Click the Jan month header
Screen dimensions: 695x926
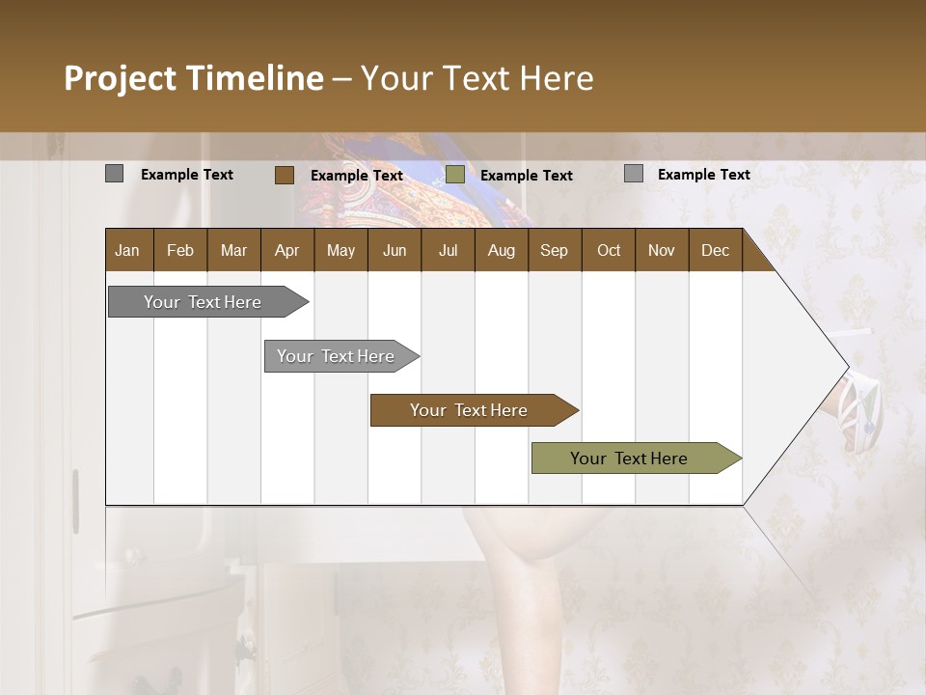coord(128,250)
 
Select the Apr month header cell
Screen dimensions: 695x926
coord(287,250)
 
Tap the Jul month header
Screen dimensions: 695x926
coord(448,250)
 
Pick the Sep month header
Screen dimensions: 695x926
coord(554,250)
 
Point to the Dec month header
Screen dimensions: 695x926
coord(715,250)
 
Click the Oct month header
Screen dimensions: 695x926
coord(609,250)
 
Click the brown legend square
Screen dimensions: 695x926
coord(284,175)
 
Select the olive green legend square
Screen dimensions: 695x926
coord(455,175)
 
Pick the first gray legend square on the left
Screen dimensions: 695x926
coord(114,174)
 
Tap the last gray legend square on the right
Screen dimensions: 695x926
coord(634,174)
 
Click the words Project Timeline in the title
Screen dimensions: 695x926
coord(193,78)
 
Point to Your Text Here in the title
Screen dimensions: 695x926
coord(477,78)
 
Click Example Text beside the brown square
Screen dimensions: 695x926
coord(356,176)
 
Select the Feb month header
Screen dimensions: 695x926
coord(180,250)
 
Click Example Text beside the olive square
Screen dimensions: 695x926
coord(526,176)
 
